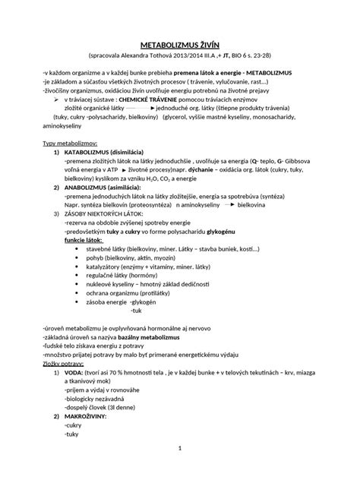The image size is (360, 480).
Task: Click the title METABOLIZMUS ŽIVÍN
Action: (x=179, y=44)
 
